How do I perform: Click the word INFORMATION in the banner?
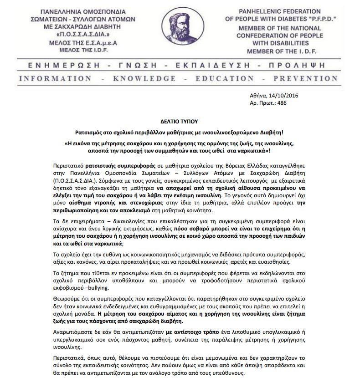point(47,79)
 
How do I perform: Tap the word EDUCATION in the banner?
point(221,79)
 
